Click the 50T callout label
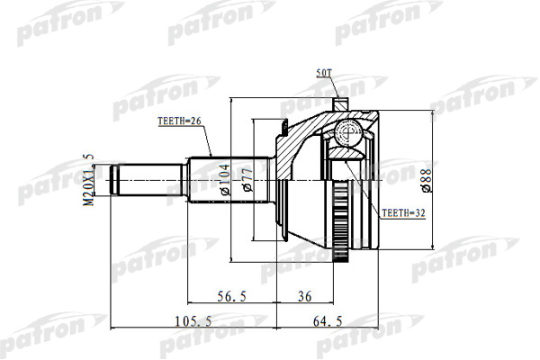(323, 73)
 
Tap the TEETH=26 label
(179, 121)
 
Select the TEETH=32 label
(403, 213)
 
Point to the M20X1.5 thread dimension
(89, 180)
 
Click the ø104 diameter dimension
(225, 179)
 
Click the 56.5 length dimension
(232, 296)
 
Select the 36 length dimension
(304, 296)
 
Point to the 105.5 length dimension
(193, 321)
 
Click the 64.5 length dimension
(328, 321)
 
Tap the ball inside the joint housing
(348, 133)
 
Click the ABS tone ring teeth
(340, 221)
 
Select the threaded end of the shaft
(114, 180)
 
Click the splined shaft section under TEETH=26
(229, 180)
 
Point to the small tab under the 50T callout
(341, 104)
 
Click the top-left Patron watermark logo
(70, 22)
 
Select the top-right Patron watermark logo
(389, 22)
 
